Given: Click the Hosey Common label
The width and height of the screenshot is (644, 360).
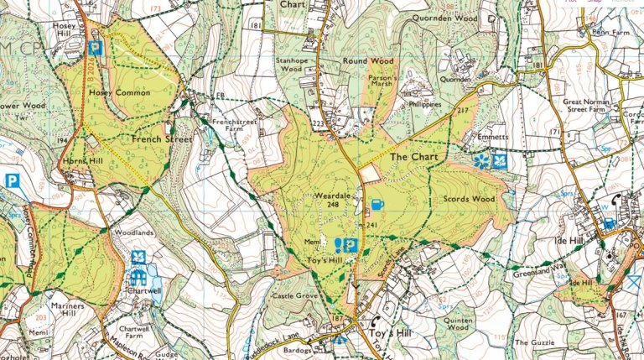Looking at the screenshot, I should (x=122, y=92).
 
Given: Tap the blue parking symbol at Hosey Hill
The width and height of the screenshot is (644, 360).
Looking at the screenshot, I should (x=96, y=48).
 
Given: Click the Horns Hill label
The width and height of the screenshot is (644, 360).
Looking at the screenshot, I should (x=81, y=160).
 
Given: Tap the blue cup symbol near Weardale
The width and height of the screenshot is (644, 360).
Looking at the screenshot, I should (x=377, y=204).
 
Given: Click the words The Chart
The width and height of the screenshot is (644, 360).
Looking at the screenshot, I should (x=410, y=157).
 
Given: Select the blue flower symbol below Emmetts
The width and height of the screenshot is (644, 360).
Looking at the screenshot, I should (x=481, y=159).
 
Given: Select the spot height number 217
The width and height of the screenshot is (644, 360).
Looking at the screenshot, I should (x=461, y=112).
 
